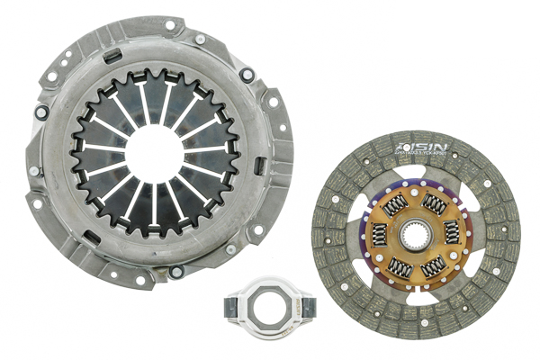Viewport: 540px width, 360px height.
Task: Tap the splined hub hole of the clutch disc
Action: (x=416, y=236)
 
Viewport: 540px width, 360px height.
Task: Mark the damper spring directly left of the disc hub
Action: (x=379, y=237)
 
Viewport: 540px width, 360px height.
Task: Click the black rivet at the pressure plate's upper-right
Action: (x=247, y=75)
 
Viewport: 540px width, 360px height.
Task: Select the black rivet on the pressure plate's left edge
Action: (x=41, y=113)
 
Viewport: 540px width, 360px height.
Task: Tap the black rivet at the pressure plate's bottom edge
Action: (x=176, y=269)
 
